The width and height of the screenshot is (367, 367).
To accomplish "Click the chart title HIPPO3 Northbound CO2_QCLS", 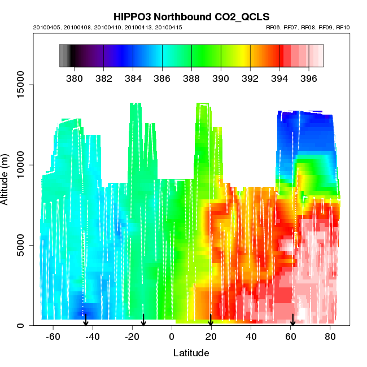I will [191, 16].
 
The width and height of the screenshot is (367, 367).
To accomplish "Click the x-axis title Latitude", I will [191, 353].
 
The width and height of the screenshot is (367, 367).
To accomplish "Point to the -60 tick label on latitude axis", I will [53, 337].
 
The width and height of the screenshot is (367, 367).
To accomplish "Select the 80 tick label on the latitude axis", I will [330, 337].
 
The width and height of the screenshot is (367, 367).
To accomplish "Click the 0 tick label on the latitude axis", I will [172, 337].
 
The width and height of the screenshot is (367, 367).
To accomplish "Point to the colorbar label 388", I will [191, 78].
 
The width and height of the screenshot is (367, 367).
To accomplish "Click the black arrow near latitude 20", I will [211, 321].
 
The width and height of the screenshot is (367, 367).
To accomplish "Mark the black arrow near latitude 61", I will [292, 321].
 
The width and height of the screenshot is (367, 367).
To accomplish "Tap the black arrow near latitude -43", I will [86, 321].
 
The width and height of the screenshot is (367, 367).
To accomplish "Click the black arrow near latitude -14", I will [143, 321].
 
